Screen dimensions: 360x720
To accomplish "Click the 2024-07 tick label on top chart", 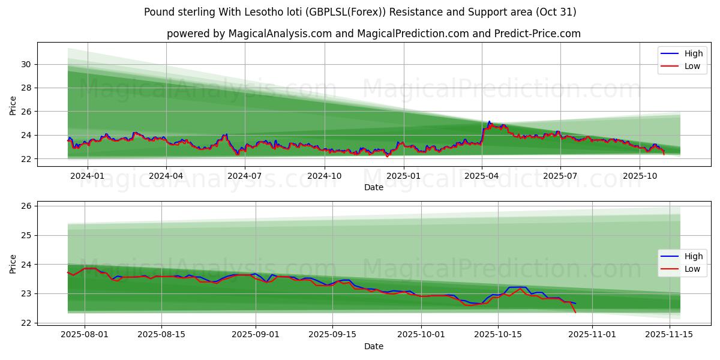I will (x=245, y=176).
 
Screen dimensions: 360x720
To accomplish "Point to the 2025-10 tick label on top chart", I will (x=640, y=176).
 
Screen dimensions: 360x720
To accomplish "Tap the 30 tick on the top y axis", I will (x=26, y=64).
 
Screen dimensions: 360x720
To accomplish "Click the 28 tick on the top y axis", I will (x=26, y=88).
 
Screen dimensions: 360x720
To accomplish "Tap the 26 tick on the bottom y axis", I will (x=26, y=206).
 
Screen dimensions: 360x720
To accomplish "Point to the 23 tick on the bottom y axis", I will (x=26, y=293).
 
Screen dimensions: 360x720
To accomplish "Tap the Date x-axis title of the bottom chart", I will (x=373, y=346).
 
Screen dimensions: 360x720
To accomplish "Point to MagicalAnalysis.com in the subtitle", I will (x=280, y=34).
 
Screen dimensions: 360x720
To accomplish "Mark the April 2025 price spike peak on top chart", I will (x=489, y=121).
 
